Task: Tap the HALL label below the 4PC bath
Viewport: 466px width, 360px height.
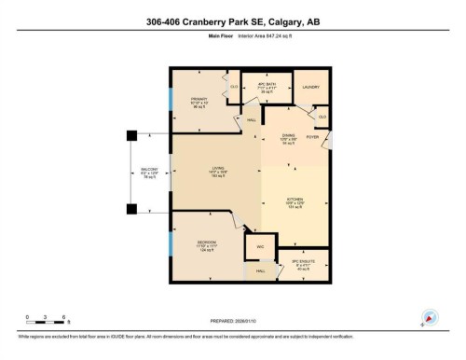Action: (x=250, y=120)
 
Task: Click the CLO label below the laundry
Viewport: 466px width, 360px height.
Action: (x=322, y=117)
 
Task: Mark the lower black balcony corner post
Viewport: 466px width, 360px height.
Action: (x=131, y=209)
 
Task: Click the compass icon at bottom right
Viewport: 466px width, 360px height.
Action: (x=430, y=316)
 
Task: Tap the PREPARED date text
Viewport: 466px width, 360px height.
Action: (x=233, y=316)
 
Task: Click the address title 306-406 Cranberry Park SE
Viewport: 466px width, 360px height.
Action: (x=233, y=23)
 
